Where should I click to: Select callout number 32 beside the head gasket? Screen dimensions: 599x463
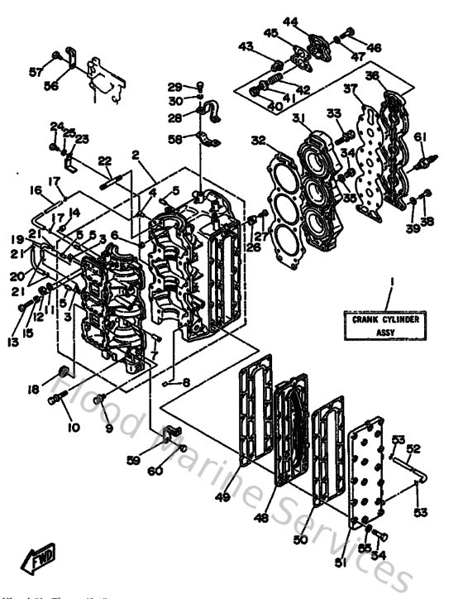259,140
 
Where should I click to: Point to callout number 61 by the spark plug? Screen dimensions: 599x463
420,137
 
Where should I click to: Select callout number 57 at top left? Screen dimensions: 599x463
36,73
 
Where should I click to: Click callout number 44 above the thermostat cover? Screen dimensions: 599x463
291,20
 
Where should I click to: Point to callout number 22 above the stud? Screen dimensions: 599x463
105,161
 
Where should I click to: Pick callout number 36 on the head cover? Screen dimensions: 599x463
372,76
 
